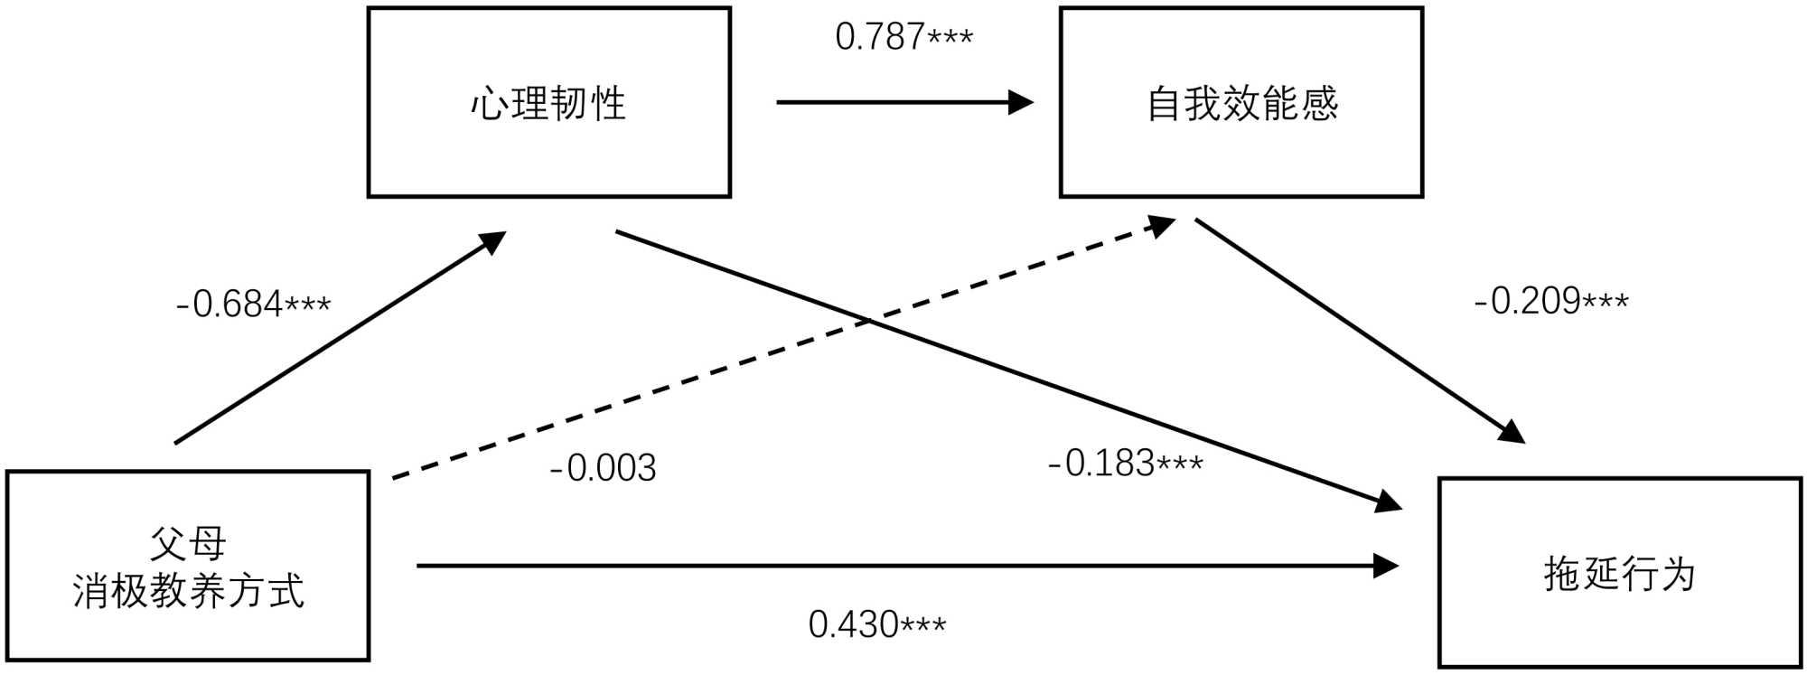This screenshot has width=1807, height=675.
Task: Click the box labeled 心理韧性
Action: tap(548, 102)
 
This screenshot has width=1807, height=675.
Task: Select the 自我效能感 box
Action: tap(1241, 102)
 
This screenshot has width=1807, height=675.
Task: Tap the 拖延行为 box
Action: tap(1619, 573)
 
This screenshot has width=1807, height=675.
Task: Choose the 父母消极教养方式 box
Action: tap(188, 567)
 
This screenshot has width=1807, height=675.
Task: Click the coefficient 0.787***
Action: tap(903, 37)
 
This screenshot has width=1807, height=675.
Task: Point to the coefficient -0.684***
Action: tap(253, 305)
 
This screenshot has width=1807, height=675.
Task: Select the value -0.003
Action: tap(603, 468)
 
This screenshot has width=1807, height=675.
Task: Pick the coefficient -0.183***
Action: tap(1125, 464)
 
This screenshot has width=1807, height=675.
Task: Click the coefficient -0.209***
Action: tap(1550, 301)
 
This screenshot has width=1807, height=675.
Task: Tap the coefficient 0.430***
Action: tap(876, 624)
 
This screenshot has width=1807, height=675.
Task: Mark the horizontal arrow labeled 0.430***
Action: tap(903, 567)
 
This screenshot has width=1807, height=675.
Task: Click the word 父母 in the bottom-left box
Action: tap(188, 544)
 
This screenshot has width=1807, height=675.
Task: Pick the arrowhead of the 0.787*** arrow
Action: tap(1022, 102)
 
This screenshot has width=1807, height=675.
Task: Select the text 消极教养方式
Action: tap(188, 591)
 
